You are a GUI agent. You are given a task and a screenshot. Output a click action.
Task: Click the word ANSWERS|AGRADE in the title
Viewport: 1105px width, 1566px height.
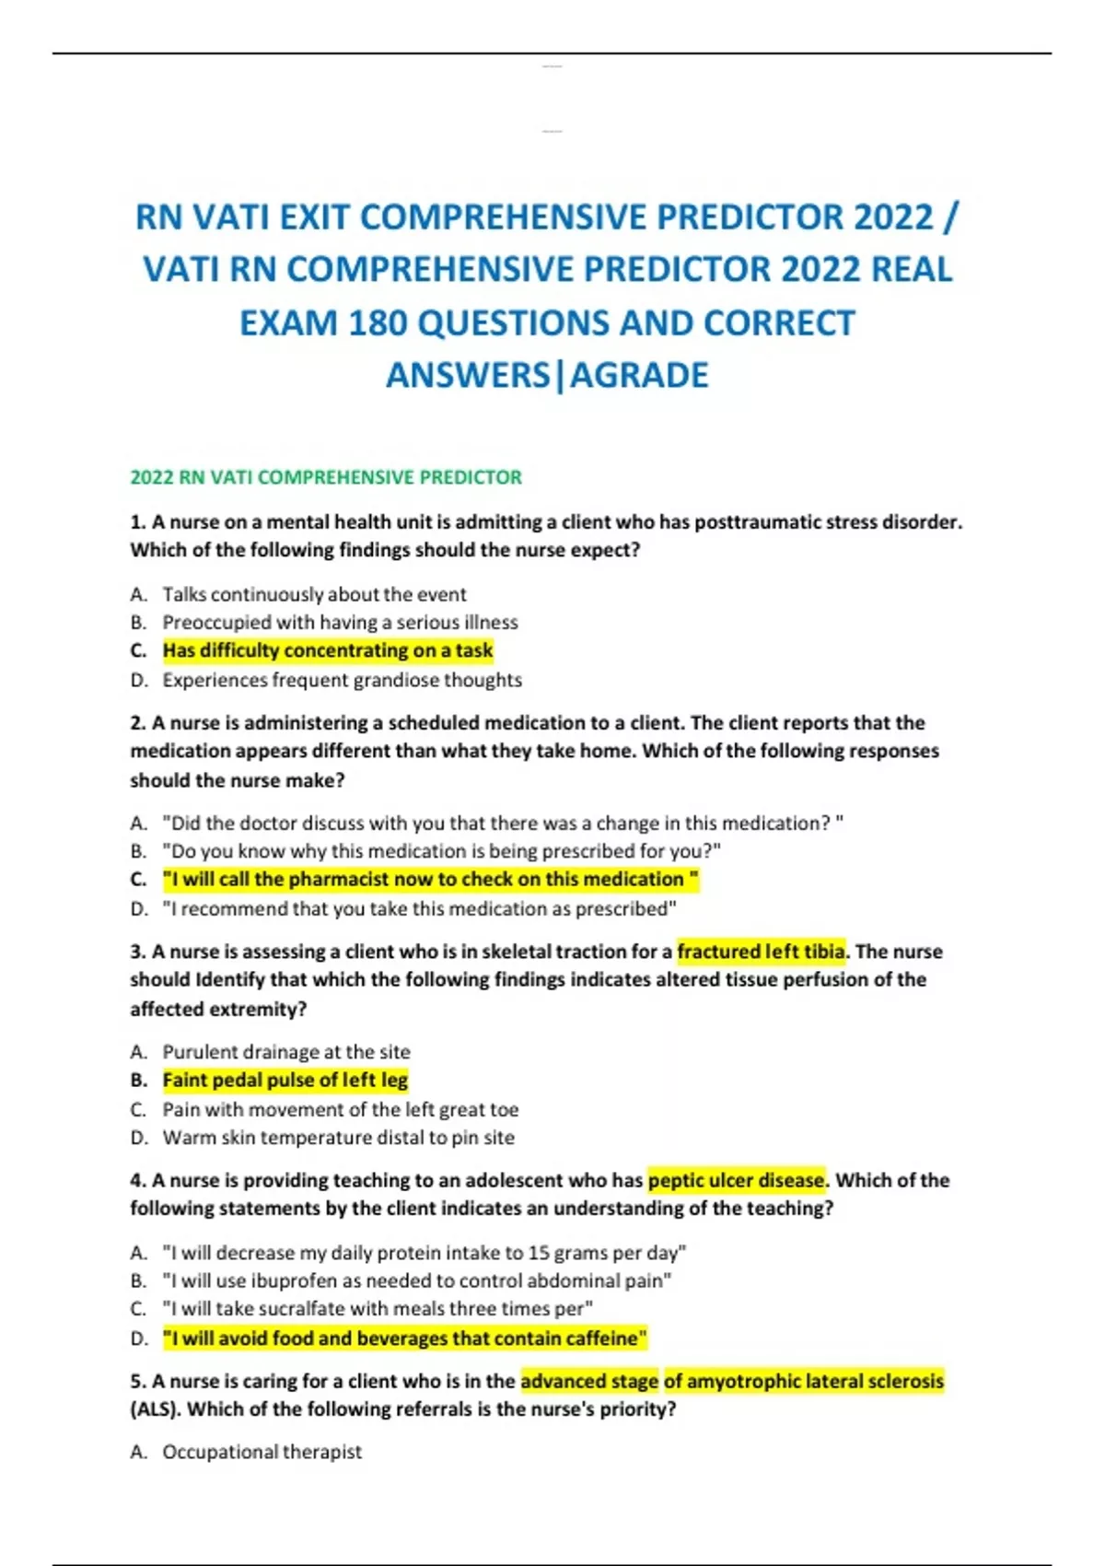pos(547,376)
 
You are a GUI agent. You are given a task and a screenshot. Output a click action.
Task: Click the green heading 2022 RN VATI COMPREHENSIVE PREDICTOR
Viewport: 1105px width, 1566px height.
pos(326,477)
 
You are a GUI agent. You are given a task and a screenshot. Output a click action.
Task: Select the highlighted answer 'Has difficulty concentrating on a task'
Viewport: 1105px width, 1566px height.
pos(328,650)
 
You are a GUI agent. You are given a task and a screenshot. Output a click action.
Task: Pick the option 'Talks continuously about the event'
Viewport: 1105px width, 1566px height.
pos(314,594)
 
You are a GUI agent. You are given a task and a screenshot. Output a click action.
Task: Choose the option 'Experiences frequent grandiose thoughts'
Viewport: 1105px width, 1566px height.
pos(342,680)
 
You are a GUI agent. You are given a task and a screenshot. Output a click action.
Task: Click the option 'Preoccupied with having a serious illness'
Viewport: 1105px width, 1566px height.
pos(340,623)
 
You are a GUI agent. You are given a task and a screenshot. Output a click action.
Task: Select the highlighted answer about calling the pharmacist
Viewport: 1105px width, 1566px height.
pos(430,880)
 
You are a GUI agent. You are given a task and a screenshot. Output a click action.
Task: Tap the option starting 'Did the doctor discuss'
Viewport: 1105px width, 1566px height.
pos(502,823)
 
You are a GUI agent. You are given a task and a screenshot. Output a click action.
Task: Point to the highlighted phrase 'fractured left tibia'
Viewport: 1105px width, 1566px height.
pos(761,952)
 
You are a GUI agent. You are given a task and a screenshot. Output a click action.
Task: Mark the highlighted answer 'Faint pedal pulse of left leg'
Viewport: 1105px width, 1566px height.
pos(285,1080)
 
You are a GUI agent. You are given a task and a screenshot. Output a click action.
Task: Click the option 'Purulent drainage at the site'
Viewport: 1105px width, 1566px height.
pos(286,1052)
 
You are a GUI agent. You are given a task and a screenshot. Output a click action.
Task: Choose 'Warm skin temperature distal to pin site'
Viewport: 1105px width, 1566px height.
pos(338,1138)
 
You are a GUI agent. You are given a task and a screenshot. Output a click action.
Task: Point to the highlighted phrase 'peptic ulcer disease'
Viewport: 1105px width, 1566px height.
pos(736,1180)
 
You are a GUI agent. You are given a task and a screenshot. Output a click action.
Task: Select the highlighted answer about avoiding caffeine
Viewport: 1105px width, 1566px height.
pos(404,1338)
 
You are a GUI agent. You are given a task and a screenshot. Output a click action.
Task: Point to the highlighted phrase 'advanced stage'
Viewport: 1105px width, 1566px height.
pos(589,1381)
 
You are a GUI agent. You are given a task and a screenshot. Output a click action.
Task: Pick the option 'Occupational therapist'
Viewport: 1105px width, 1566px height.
pos(262,1452)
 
